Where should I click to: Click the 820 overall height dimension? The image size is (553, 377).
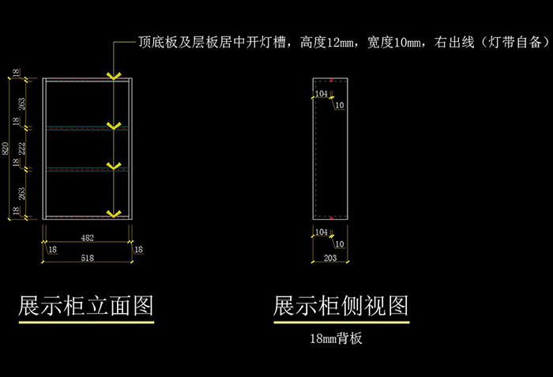pos(6,148)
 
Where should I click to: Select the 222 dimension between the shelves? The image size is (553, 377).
pos(17,147)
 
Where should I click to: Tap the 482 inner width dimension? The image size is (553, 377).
pos(88,236)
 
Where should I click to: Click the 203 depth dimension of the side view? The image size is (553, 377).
pos(330,258)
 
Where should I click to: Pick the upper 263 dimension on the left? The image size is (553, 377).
pos(17,103)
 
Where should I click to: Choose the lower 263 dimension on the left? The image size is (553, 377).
pos(17,192)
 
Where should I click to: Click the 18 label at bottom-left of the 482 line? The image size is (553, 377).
pos(52,250)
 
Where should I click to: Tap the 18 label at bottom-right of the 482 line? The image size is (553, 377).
pos(138,250)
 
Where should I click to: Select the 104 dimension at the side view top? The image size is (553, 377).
pos(321,94)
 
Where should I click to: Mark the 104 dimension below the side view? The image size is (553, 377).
pos(321,232)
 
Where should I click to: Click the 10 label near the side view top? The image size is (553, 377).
pos(340,105)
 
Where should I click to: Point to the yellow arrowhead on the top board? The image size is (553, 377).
pos(115,77)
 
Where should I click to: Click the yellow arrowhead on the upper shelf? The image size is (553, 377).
pos(115,126)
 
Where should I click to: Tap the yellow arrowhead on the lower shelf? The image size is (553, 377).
pos(115,166)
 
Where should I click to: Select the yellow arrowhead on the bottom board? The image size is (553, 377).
pos(115,213)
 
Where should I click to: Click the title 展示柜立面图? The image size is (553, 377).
pos(85,306)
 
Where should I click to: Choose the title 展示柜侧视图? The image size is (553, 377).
pos(341,306)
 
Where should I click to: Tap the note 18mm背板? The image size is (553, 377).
pos(337,339)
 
